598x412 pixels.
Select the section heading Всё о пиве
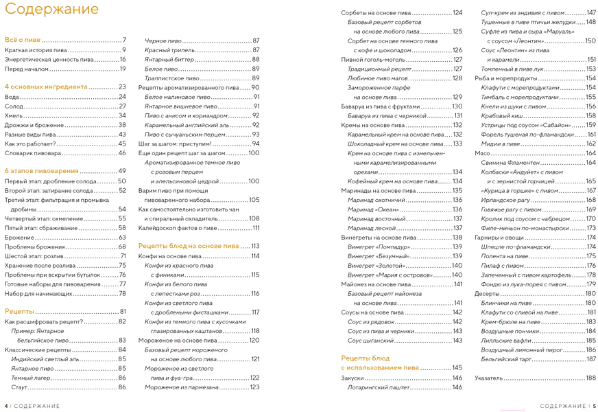coord(23,40)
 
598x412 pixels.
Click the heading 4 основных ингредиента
coord(46,87)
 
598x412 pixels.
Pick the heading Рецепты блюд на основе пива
coord(189,246)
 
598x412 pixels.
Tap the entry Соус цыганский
coord(370,341)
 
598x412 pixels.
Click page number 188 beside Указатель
coord(590,378)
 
